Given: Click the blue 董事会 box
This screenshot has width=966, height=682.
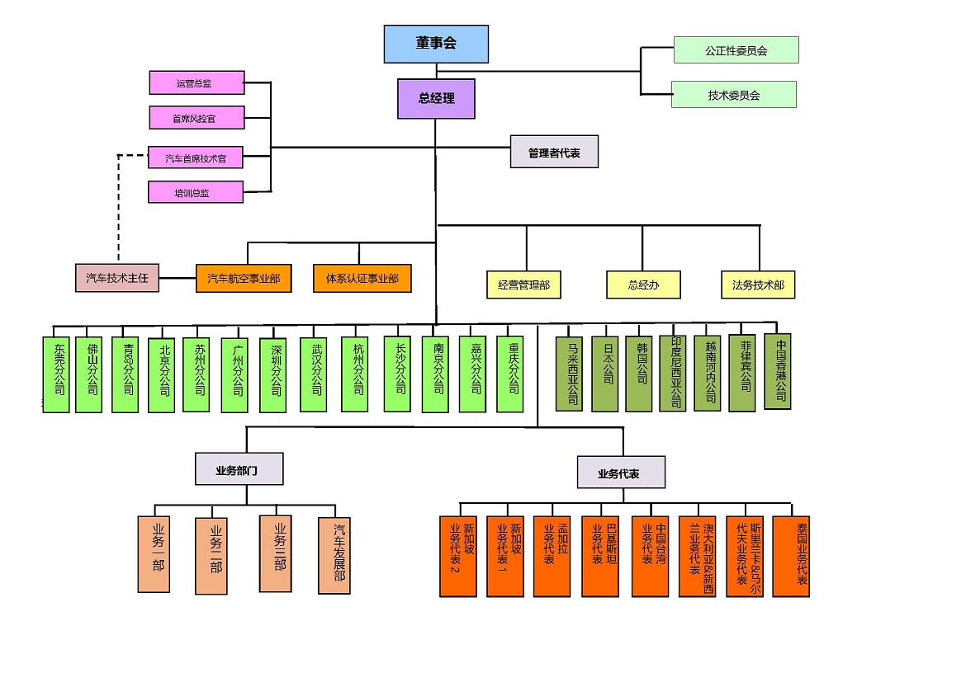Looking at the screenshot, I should pyautogui.click(x=436, y=44).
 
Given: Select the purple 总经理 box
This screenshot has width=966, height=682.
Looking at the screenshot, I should pyautogui.click(x=436, y=98).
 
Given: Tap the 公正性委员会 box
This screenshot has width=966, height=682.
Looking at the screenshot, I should pyautogui.click(x=736, y=50).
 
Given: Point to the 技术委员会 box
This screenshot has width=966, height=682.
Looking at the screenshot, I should pyautogui.click(x=733, y=95).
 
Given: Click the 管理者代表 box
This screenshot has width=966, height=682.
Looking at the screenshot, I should pyautogui.click(x=554, y=153).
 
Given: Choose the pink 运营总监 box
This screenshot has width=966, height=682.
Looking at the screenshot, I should pyautogui.click(x=197, y=83).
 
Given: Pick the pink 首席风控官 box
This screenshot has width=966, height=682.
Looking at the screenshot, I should pyautogui.click(x=197, y=118).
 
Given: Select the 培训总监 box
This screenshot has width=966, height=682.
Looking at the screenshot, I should pyautogui.click(x=197, y=192).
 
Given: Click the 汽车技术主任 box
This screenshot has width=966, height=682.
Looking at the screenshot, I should pyautogui.click(x=116, y=279).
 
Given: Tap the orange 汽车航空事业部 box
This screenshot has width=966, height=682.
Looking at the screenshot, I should pyautogui.click(x=244, y=279).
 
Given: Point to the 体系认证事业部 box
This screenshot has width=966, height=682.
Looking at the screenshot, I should pyautogui.click(x=362, y=279).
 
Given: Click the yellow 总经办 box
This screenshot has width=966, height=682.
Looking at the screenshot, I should pyautogui.click(x=643, y=285).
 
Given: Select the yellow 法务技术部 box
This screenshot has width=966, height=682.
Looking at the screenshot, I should pyautogui.click(x=758, y=285).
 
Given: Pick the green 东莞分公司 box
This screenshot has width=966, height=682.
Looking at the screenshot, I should pyautogui.click(x=56, y=374).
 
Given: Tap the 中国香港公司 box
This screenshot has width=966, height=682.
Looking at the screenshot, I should pyautogui.click(x=778, y=371).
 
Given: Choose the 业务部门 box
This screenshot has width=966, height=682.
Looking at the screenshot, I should pyautogui.click(x=239, y=469).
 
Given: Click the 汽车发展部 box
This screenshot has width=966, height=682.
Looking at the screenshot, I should pyautogui.click(x=334, y=555).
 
